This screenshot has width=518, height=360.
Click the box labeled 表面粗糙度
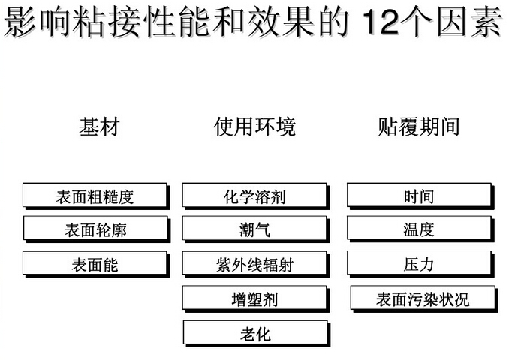pos(96,196)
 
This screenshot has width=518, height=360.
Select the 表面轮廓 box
pos(97,229)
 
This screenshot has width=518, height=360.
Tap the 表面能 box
pos(96,264)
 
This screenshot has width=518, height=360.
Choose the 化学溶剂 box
pos(256,196)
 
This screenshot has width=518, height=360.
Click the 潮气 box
pos(256,229)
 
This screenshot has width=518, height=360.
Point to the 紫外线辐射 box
pos(256,264)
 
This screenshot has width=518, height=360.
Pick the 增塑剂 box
pos(256,299)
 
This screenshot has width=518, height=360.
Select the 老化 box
pos(257,334)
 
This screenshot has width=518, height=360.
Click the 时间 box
pos(420,196)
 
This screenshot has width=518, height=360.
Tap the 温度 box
pos(420,229)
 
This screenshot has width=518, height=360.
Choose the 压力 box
pos(420,264)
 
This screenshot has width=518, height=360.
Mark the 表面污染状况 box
pos(424,299)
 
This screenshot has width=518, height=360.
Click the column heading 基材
pos(99,127)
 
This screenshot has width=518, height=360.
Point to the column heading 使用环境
pos(254,127)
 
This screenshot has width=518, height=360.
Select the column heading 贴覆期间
pos(419,127)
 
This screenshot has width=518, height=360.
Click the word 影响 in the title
pos(38,22)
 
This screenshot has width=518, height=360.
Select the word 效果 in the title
pos(281,22)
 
